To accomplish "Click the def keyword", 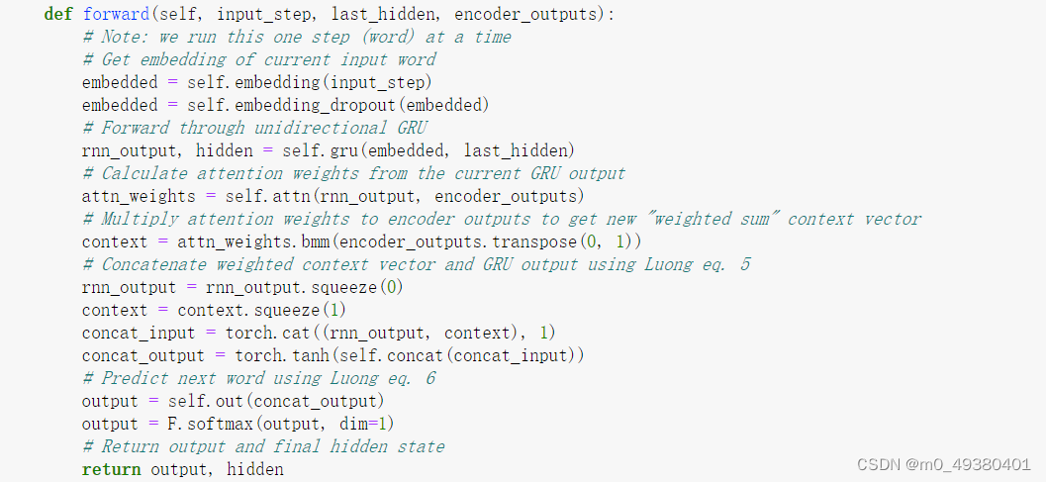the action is [58, 15].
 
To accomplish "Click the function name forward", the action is [112, 15].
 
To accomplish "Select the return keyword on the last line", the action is [112, 469].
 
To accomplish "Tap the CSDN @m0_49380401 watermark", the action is [944, 464].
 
